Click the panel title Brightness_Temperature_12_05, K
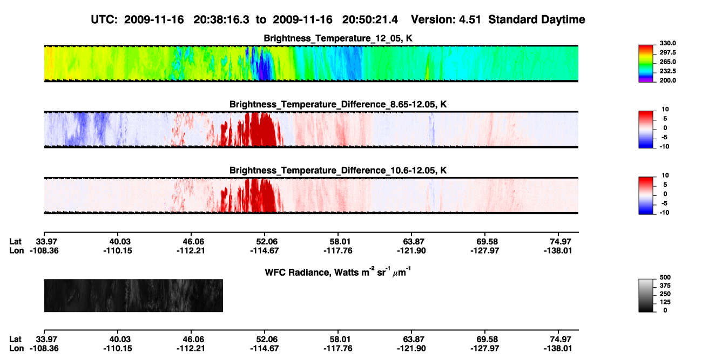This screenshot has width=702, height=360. tap(338, 38)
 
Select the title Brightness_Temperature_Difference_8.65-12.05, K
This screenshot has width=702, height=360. tap(338, 104)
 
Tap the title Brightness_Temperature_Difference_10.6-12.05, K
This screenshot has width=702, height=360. tap(338, 171)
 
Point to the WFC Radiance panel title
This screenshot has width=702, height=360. tap(338, 272)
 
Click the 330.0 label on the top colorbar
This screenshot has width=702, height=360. tap(667, 43)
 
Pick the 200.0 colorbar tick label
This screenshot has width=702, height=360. tap(667, 80)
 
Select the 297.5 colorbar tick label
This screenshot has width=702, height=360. tap(667, 53)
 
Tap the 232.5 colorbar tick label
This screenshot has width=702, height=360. tap(667, 71)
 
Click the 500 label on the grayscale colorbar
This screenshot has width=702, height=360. tap(665, 277)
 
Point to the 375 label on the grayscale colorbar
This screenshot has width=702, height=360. tap(665, 286)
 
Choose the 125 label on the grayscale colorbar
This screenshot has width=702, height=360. tap(665, 302)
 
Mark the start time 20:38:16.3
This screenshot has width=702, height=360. tap(221, 20)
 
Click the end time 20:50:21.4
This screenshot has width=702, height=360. tap(370, 20)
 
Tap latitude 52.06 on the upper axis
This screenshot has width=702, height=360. tap(265, 242)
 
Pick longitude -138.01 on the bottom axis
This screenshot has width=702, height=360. tap(558, 349)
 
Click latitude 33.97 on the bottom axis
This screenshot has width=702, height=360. tap(46, 339)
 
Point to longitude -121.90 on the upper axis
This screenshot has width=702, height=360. tap(411, 250)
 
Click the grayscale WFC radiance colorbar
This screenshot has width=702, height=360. tap(646, 295)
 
